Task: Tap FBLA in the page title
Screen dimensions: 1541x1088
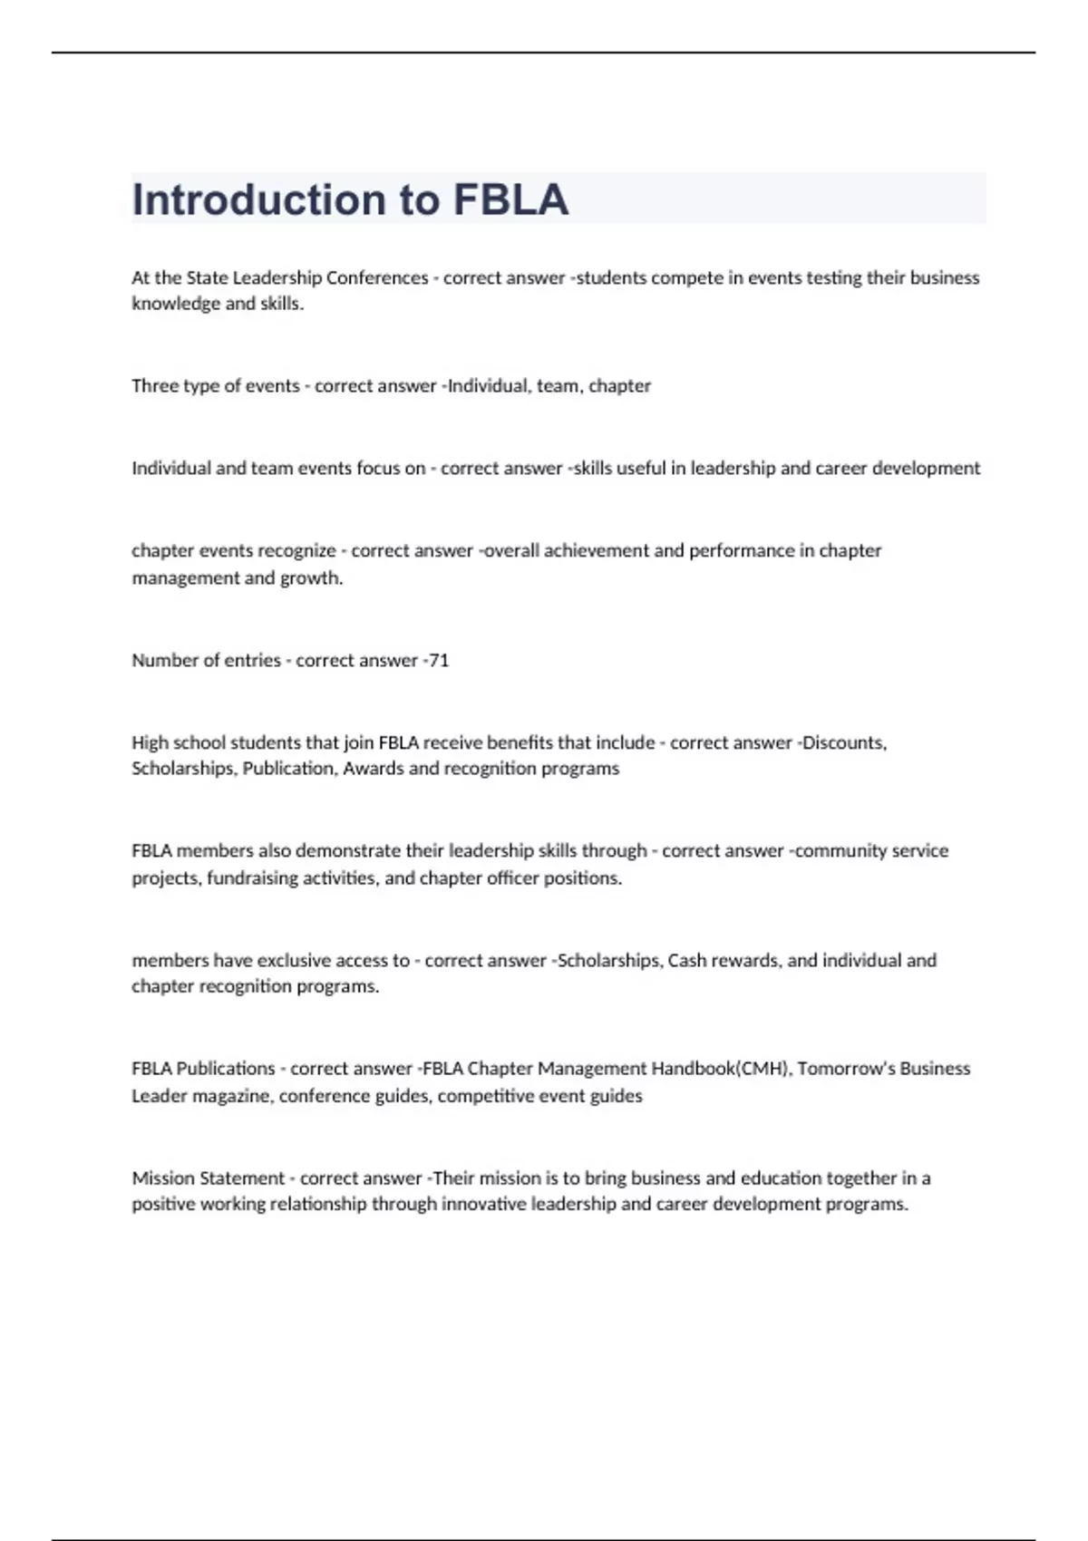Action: (x=510, y=199)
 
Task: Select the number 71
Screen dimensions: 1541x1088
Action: (x=439, y=661)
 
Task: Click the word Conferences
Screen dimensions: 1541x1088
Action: (x=377, y=278)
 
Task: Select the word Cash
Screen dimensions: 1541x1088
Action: (x=686, y=961)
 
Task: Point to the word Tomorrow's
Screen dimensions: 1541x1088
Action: (x=845, y=1069)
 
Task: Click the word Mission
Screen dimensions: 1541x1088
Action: (x=162, y=1178)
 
